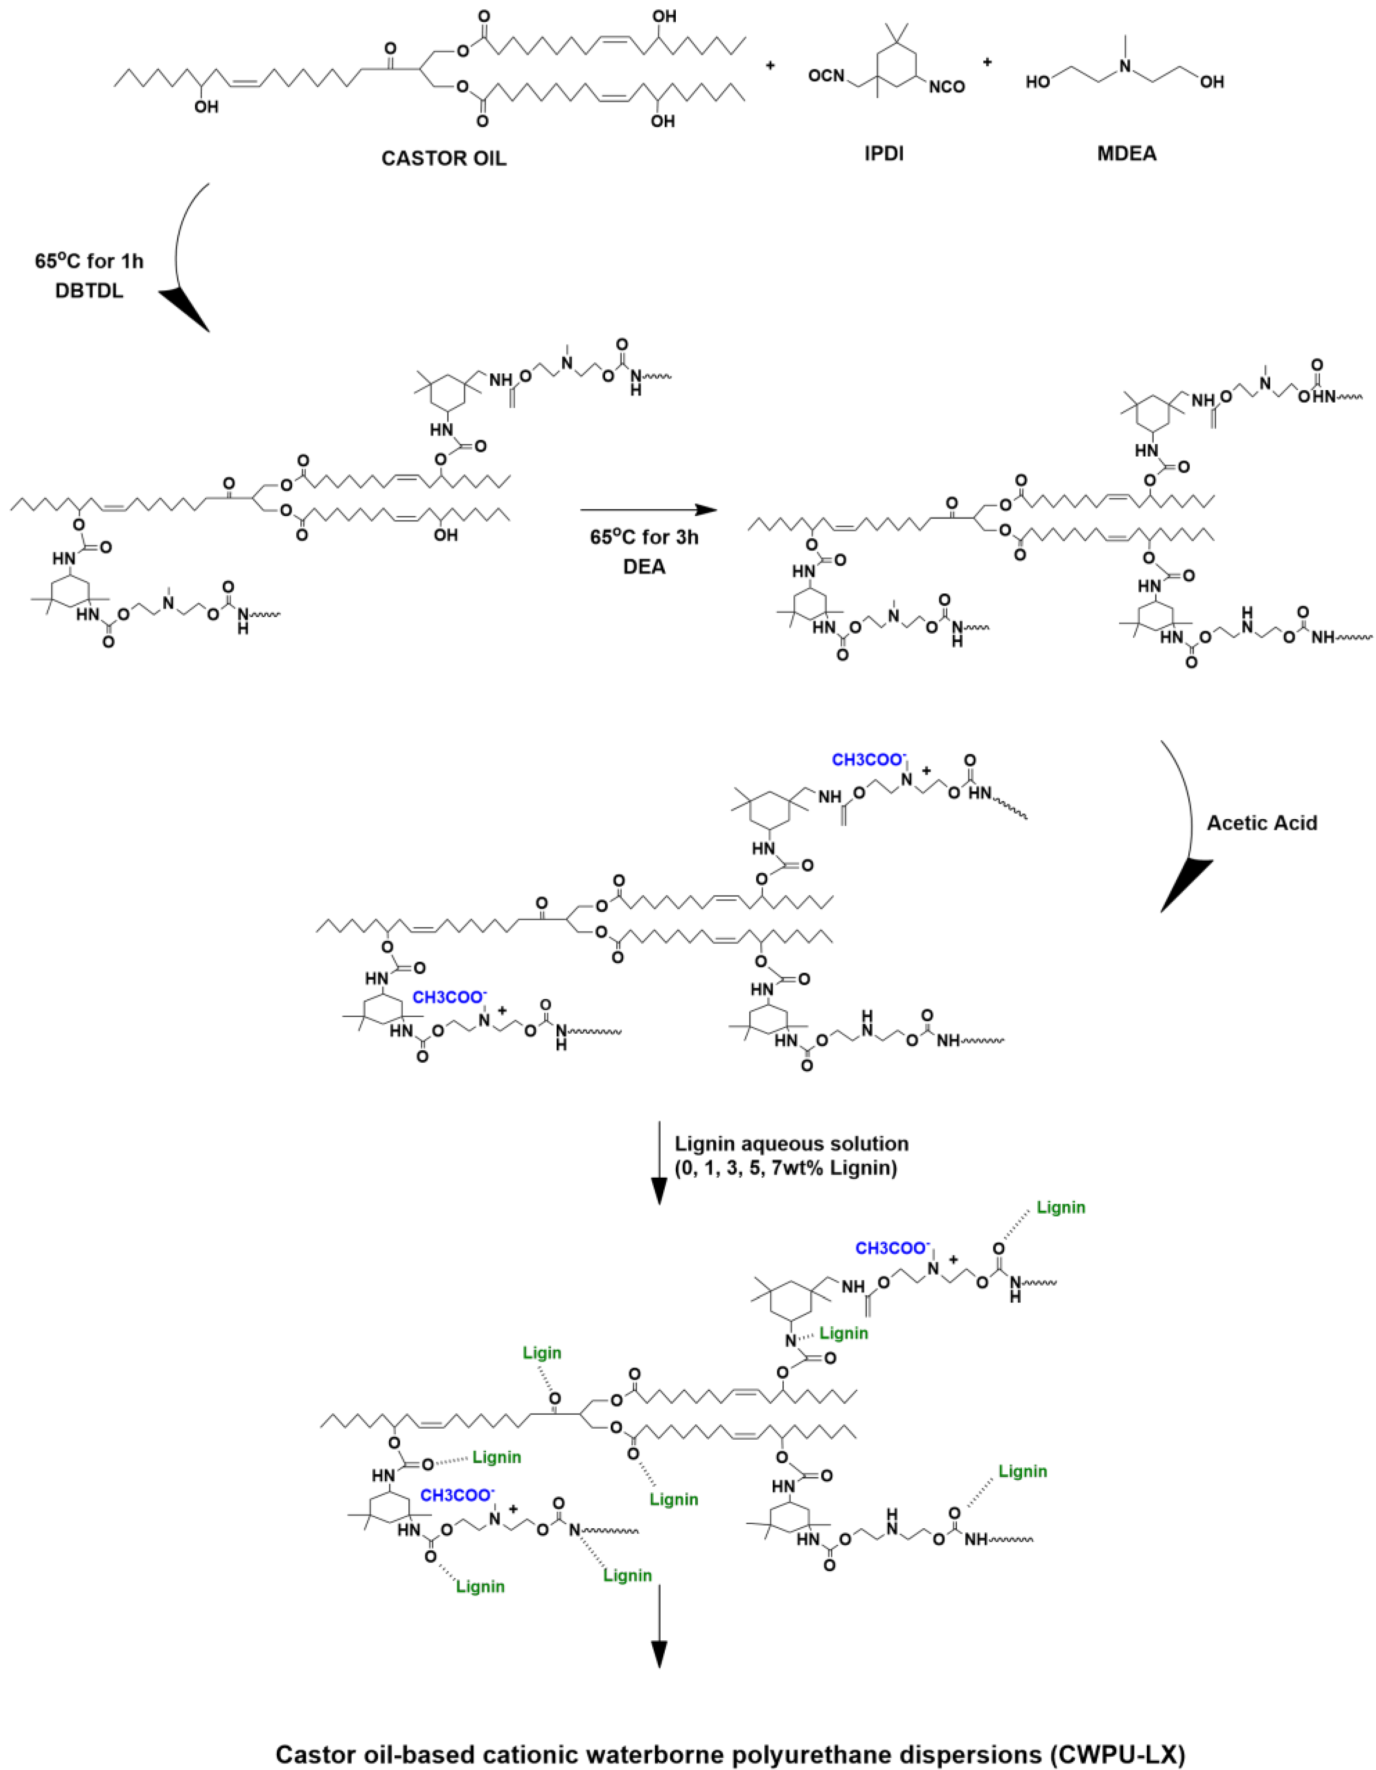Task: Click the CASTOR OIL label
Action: pos(444,158)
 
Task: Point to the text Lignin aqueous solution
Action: pos(792,1144)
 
